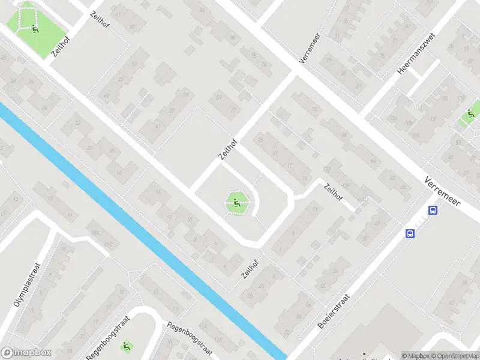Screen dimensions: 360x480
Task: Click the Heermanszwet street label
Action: [x=416, y=53]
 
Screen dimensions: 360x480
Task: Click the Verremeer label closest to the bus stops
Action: [x=442, y=191]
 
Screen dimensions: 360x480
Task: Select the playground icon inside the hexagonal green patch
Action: [x=236, y=203]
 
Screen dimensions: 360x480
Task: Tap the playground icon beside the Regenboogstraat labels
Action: [x=127, y=346]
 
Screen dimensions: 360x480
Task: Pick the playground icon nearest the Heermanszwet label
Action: [x=471, y=114]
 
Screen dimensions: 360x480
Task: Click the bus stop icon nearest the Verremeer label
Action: [x=433, y=210]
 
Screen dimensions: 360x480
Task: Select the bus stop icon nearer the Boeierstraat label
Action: [x=410, y=233]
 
